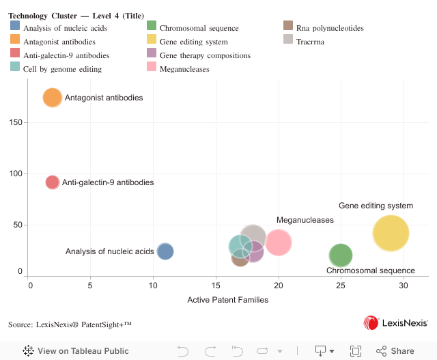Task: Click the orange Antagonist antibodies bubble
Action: pos(53,98)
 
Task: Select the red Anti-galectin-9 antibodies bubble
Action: pos(53,182)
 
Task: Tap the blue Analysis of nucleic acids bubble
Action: pos(165,251)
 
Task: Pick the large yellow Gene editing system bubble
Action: pos(391,233)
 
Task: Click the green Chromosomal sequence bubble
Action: pos(341,255)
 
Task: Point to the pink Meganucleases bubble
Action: pos(279,242)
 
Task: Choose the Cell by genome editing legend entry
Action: pos(62,69)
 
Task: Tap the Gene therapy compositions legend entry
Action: pos(195,55)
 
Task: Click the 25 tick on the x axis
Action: pos(341,284)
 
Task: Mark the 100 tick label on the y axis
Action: pos(15,174)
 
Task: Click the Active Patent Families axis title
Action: pos(227,300)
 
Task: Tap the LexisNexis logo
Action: pos(395,322)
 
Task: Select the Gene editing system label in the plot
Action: pos(376,206)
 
